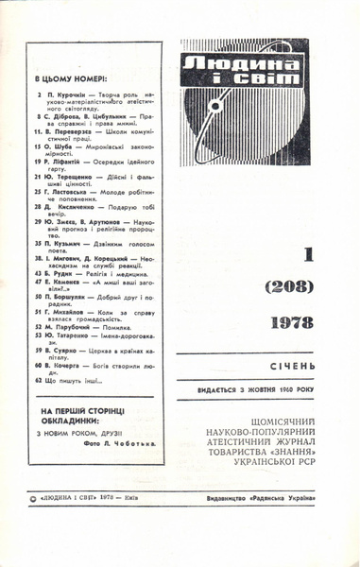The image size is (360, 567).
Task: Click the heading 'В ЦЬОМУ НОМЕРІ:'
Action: (69, 79)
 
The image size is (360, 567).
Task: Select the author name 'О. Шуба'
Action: (54, 148)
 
